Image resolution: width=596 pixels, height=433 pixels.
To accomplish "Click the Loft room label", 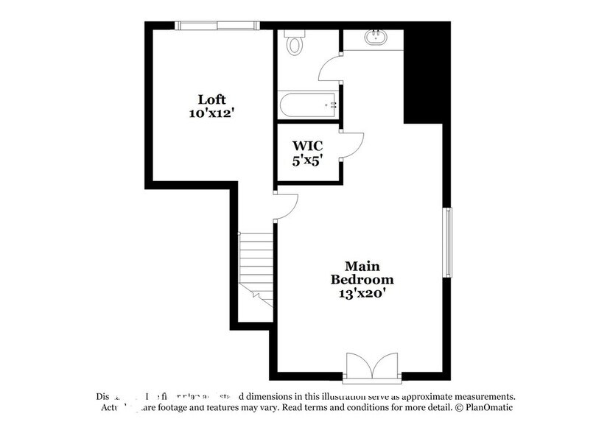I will pos(211,99).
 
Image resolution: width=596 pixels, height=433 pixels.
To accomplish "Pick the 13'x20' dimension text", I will pos(362,294).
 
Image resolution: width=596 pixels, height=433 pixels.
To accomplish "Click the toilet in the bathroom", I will pos(295,43).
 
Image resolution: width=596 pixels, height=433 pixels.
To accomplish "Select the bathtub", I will pos(309,105).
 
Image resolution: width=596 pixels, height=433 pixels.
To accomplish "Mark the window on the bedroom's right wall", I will pos(446,242).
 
